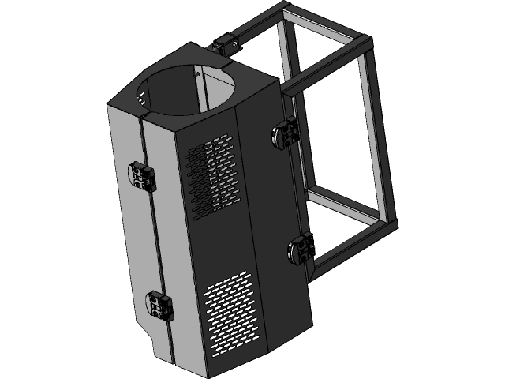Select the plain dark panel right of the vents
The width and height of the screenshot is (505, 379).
272,205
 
